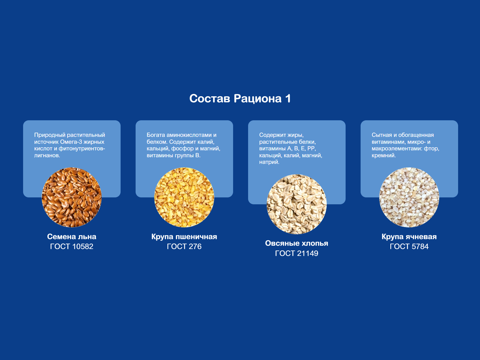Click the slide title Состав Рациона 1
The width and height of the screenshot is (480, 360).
tap(240, 98)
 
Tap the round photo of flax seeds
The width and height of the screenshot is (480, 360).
tap(72, 197)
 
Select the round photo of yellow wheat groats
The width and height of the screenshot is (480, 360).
tap(184, 197)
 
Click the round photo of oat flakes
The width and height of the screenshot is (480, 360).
tap(297, 204)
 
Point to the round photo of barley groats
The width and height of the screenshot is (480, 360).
tap(409, 197)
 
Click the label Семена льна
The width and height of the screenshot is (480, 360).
tap(72, 236)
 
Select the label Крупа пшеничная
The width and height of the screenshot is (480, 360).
tap(184, 236)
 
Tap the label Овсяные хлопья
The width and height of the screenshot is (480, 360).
tap(297, 243)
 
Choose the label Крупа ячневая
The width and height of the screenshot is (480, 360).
tap(409, 236)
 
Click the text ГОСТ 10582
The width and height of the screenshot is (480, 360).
tap(72, 247)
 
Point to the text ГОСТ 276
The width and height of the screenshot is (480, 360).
tap(184, 247)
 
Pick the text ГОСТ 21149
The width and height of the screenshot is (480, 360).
tap(297, 253)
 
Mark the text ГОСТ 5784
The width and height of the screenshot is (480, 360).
tap(409, 247)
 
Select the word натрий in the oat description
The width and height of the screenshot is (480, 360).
tap(269, 162)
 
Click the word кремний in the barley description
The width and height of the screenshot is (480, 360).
tap(384, 155)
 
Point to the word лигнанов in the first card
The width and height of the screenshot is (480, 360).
tap(47, 155)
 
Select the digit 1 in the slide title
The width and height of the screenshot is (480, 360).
tap(288, 98)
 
